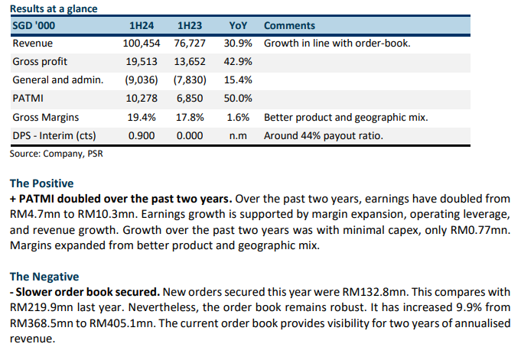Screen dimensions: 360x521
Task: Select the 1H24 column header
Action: click(x=143, y=25)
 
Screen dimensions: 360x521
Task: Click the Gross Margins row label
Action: click(x=47, y=117)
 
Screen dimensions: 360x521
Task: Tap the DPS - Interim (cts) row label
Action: click(x=57, y=136)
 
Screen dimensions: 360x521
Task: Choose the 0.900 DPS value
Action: click(x=143, y=136)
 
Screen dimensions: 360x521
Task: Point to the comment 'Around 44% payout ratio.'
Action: click(x=322, y=136)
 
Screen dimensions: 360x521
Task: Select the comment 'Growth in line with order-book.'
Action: click(x=337, y=44)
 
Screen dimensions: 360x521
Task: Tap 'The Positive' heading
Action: click(x=41, y=183)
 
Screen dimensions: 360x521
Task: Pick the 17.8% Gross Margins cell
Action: click(x=190, y=117)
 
